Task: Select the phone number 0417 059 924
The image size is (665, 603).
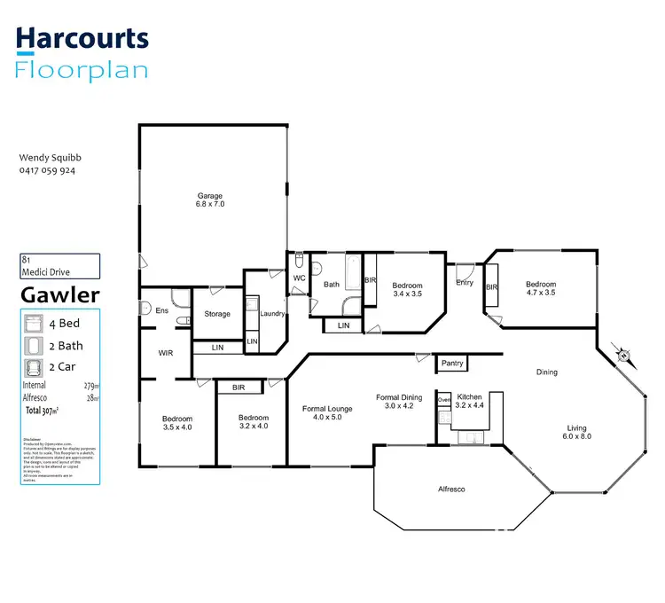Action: pyautogui.click(x=47, y=170)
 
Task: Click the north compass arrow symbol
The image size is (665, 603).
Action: pyautogui.click(x=624, y=356)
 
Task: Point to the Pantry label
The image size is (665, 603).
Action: pyautogui.click(x=451, y=364)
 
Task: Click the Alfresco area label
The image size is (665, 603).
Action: pyautogui.click(x=451, y=489)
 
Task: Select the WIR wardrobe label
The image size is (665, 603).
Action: pyautogui.click(x=165, y=353)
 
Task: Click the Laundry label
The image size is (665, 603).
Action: pyautogui.click(x=272, y=313)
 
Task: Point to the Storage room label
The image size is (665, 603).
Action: pyautogui.click(x=217, y=314)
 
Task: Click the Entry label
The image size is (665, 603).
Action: pyautogui.click(x=465, y=283)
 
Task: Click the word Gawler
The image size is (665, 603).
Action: pyautogui.click(x=60, y=294)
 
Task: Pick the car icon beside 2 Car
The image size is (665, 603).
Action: pyautogui.click(x=32, y=366)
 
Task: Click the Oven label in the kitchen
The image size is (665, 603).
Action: pyautogui.click(x=444, y=400)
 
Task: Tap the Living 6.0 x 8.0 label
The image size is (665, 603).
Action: pyautogui.click(x=579, y=432)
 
